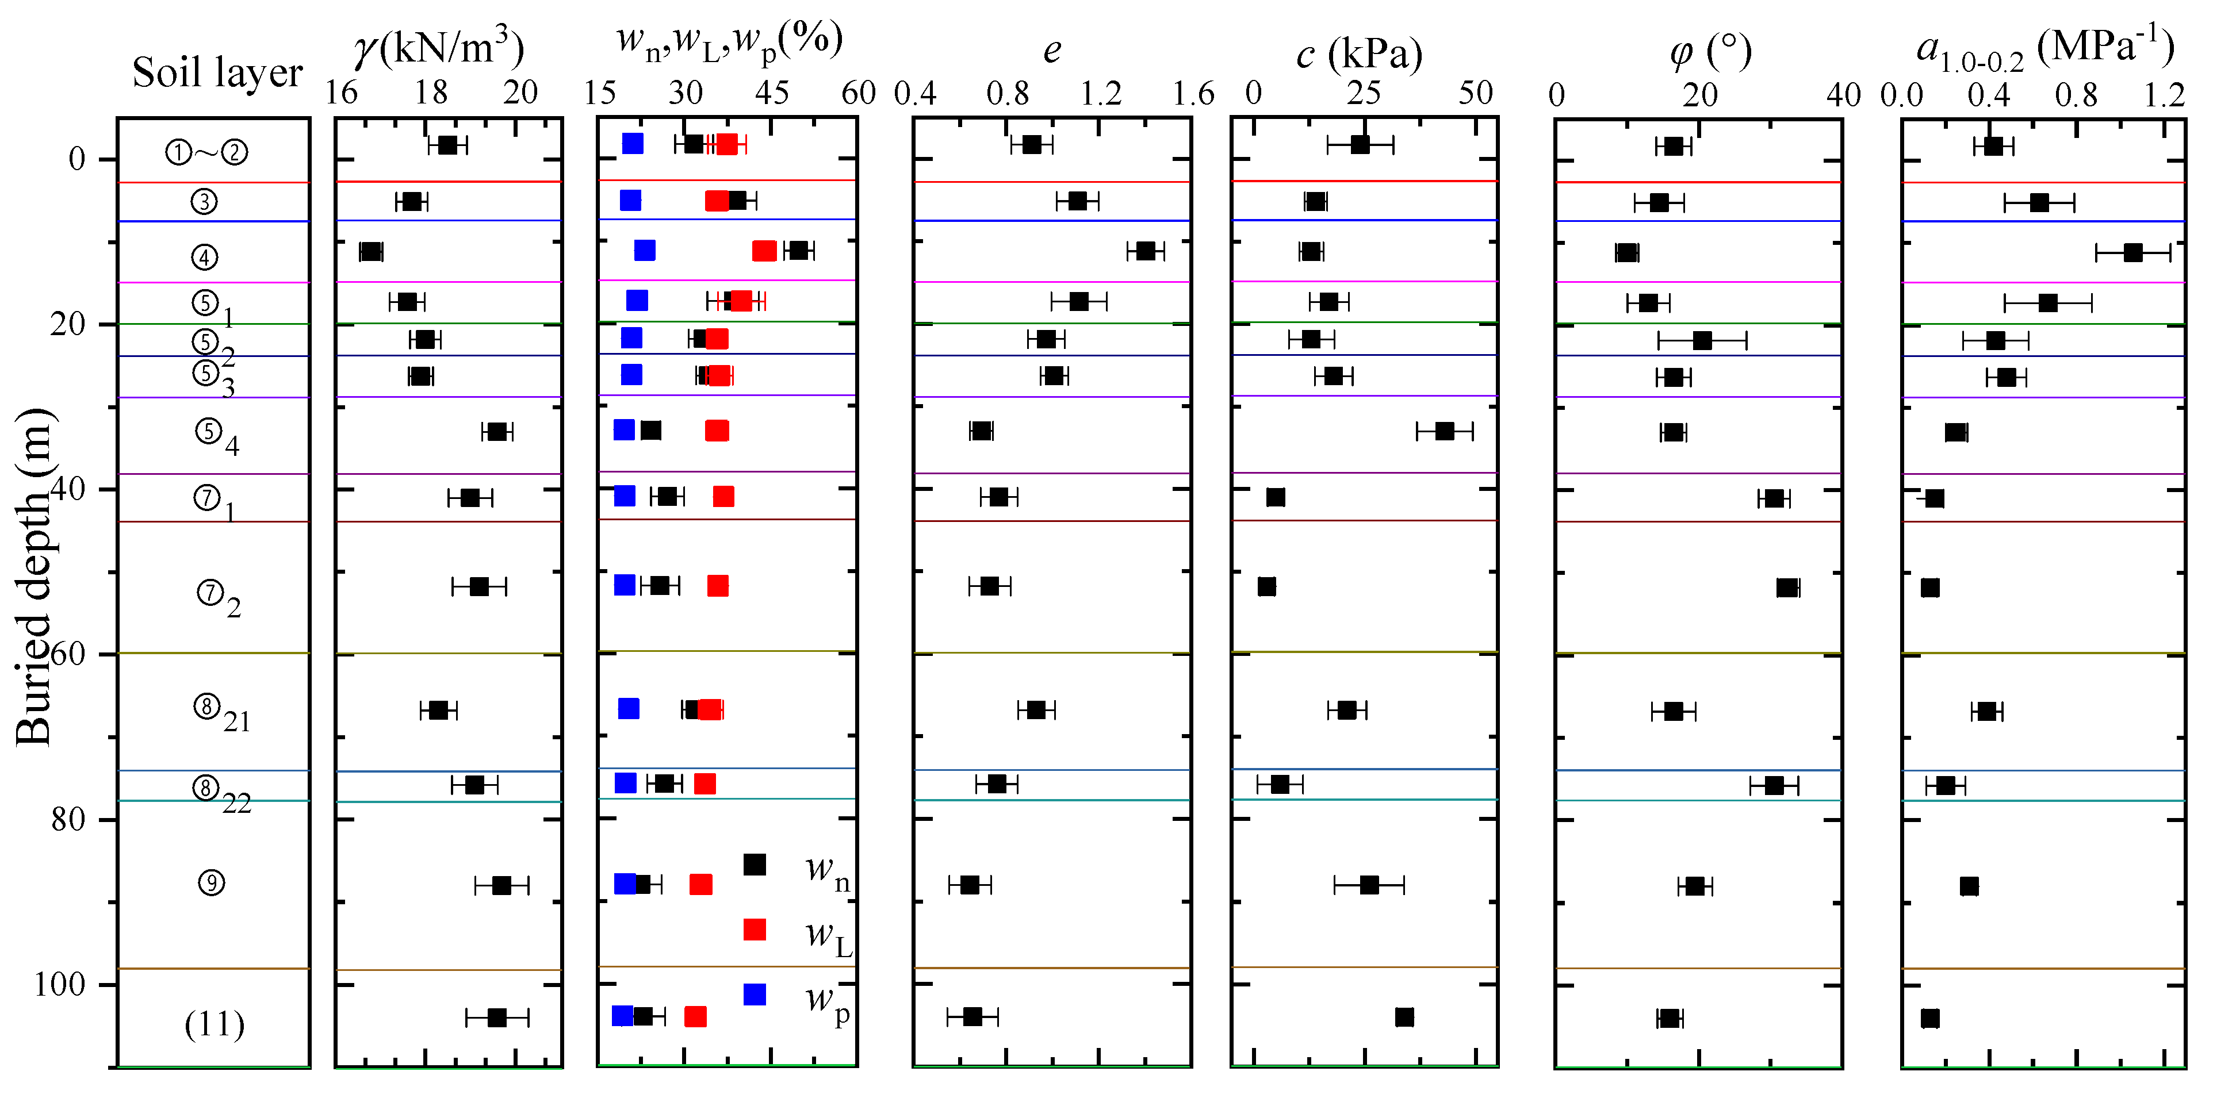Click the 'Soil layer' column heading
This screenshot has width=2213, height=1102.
click(x=217, y=72)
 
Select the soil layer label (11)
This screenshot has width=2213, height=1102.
click(x=215, y=1024)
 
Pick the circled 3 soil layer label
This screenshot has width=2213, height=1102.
click(x=204, y=202)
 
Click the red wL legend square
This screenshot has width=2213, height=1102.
click(x=755, y=930)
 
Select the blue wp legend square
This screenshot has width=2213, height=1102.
click(x=755, y=995)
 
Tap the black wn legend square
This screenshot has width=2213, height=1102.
click(x=755, y=864)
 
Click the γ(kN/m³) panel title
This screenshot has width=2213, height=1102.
click(x=439, y=49)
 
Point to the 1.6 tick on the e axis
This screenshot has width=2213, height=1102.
click(x=1193, y=93)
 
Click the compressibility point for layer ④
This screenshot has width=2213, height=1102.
click(x=2133, y=252)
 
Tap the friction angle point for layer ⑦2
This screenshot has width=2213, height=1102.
click(x=1788, y=588)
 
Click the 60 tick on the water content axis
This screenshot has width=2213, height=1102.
click(x=857, y=93)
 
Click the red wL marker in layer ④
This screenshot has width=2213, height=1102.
click(x=764, y=251)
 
